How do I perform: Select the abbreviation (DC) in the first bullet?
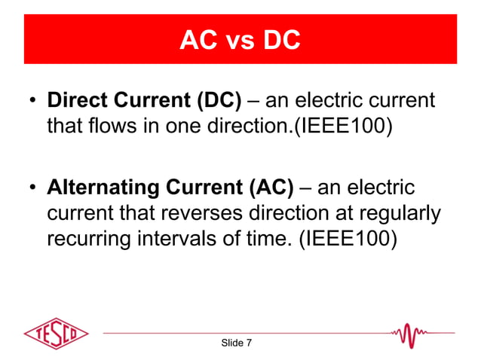214,101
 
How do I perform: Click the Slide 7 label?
236,343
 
